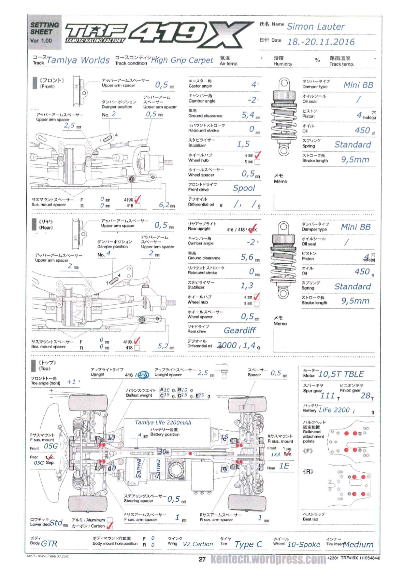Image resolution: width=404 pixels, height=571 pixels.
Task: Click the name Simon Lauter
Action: (x=315, y=27)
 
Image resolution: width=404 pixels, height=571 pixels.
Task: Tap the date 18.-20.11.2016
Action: (x=321, y=42)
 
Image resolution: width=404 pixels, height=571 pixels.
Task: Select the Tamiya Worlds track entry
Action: (x=78, y=60)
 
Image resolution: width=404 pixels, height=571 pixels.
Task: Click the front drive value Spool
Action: (x=244, y=188)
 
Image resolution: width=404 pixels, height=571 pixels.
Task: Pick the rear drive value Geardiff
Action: (x=240, y=330)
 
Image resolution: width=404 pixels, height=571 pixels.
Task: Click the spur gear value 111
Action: (x=327, y=396)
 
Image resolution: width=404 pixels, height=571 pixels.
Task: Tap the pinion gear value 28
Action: (x=365, y=396)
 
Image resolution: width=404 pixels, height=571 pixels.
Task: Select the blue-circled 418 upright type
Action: (x=143, y=375)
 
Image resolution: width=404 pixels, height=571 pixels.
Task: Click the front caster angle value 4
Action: (x=253, y=85)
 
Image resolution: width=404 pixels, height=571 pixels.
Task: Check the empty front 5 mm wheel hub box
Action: (x=257, y=162)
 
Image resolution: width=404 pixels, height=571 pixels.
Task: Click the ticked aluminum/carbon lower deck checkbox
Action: (x=110, y=525)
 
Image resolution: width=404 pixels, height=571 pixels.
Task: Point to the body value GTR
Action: (x=49, y=544)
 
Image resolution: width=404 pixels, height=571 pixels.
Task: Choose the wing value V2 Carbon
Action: (x=198, y=544)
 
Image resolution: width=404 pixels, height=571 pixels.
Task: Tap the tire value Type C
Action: (x=248, y=544)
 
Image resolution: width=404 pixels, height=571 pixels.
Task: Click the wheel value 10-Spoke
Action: (x=304, y=544)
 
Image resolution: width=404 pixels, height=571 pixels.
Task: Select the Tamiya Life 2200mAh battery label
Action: (x=163, y=423)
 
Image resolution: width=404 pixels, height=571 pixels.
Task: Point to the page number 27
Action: (x=202, y=559)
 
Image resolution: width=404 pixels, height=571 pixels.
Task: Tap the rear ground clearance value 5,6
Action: (x=247, y=257)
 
